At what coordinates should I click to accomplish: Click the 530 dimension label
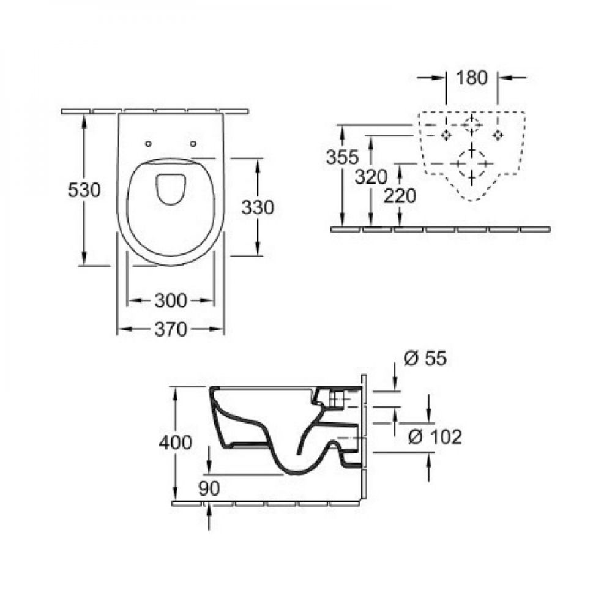[84, 190]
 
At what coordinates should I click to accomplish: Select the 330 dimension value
[258, 207]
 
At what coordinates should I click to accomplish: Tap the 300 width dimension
[171, 300]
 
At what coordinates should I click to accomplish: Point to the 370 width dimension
[171, 330]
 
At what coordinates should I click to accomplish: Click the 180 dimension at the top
[472, 78]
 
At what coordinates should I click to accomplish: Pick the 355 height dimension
[342, 157]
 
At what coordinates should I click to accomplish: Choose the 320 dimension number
[371, 177]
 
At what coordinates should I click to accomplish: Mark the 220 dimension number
[400, 196]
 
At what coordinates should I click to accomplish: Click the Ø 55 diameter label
[425, 358]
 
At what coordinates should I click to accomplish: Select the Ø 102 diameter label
[435, 437]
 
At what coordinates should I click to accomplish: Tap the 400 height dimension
[175, 442]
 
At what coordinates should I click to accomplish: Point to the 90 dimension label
[209, 488]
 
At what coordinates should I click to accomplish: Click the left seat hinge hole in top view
[148, 144]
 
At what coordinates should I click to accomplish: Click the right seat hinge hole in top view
[192, 144]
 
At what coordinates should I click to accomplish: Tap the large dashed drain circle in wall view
[472, 151]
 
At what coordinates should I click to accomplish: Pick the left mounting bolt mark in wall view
[446, 135]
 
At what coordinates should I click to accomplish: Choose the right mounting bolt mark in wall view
[497, 135]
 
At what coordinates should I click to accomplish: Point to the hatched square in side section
[336, 399]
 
